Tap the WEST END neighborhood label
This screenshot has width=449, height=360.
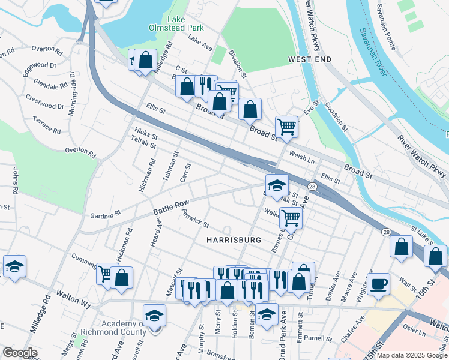[309, 59]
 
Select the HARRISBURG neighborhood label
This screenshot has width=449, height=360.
[234, 239]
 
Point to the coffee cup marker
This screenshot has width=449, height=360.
[378, 284]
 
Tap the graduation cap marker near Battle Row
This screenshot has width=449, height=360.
[277, 185]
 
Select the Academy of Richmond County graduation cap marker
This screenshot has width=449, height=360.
[154, 316]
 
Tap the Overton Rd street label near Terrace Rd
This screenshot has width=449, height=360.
[80, 152]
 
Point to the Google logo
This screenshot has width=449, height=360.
[20, 353]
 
